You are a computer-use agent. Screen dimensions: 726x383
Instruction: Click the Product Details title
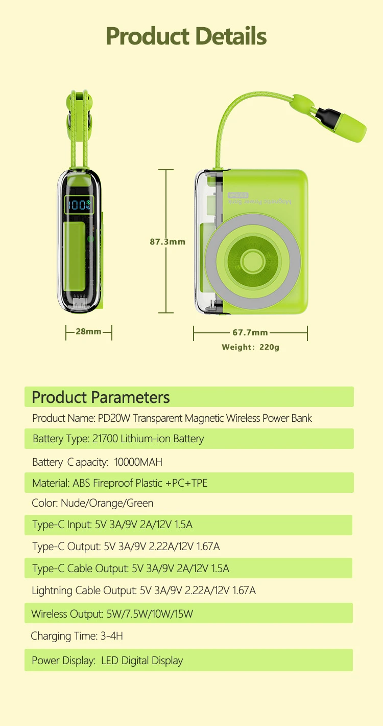tap(186, 36)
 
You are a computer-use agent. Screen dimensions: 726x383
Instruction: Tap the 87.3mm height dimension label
tap(167, 241)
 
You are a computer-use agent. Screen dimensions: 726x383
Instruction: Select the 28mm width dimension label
tap(88, 331)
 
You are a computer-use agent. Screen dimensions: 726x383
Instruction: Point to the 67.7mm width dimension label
tap(250, 332)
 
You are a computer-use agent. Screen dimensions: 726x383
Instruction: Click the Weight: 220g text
tap(250, 347)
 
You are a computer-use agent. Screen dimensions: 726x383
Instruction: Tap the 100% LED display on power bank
tap(79, 206)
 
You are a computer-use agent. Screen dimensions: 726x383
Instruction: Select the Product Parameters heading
tap(101, 397)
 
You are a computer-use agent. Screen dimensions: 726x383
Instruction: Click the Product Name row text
tap(172, 418)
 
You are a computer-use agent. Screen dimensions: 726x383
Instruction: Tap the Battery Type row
tap(118, 439)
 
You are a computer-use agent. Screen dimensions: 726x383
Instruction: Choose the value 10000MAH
tap(138, 462)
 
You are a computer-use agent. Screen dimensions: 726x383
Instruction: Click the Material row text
tap(119, 483)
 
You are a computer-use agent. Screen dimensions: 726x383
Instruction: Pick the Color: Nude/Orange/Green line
tap(92, 503)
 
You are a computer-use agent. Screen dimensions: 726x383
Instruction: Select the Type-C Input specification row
tap(112, 525)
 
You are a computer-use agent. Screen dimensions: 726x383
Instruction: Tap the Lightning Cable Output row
tap(143, 591)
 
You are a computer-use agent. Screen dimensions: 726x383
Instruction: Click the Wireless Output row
tap(112, 614)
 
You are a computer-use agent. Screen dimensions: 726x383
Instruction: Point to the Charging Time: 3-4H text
tap(77, 636)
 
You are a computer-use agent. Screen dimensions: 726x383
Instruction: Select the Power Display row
tap(107, 661)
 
